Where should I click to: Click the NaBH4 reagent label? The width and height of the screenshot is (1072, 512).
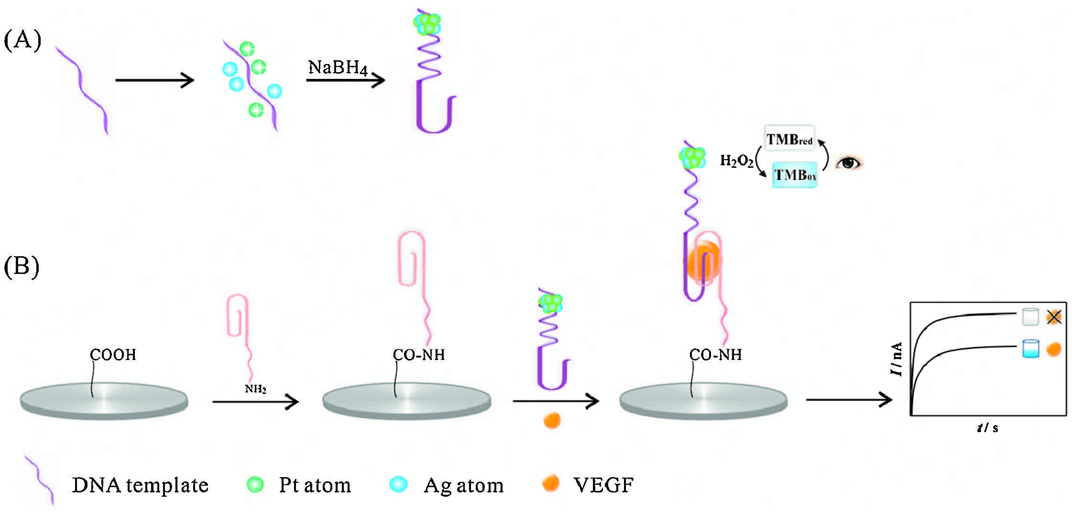[338, 67]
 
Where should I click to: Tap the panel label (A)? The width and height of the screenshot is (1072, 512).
[22, 40]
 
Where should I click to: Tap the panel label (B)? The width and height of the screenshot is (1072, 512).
[22, 266]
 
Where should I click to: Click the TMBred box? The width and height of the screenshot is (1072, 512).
[789, 139]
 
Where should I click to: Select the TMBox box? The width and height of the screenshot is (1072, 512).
[795, 175]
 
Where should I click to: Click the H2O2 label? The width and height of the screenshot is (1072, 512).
[736, 161]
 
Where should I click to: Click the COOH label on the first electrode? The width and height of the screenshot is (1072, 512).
[113, 355]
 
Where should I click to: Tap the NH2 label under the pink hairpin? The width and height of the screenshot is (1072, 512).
[255, 389]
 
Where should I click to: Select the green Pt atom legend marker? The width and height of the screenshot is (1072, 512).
[255, 484]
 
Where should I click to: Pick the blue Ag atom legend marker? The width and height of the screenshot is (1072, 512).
[399, 484]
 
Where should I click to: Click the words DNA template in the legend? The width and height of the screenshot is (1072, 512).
[140, 485]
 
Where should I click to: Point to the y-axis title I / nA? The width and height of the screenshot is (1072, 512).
[897, 359]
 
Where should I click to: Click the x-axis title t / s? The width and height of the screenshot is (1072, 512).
[987, 428]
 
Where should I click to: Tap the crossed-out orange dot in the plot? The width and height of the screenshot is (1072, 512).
[1054, 317]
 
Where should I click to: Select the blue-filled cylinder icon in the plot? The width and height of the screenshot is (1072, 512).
[1030, 349]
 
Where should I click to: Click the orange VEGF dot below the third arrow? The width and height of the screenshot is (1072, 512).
[552, 420]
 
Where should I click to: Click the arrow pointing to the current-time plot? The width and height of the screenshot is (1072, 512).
[849, 400]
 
